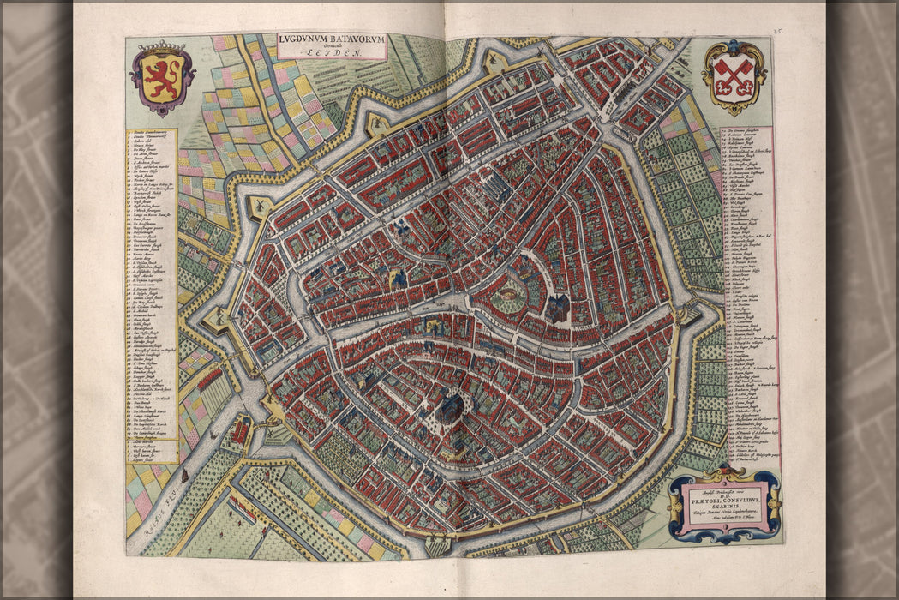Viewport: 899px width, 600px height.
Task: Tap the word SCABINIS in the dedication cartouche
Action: click(x=724, y=506)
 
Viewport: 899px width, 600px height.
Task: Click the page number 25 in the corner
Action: click(x=777, y=32)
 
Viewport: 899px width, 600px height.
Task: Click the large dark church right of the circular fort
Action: click(x=559, y=309)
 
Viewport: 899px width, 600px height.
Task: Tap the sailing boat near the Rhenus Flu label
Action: click(x=184, y=473)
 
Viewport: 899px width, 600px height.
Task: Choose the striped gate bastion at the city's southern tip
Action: click(x=437, y=542)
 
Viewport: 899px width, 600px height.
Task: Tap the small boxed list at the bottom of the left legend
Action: click(x=152, y=452)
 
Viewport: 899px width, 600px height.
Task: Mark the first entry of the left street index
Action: click(x=152, y=135)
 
